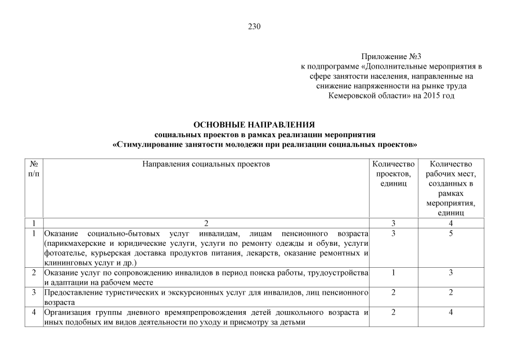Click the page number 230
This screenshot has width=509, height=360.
coord(254,26)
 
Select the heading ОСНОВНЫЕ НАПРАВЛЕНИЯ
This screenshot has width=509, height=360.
coord(254,124)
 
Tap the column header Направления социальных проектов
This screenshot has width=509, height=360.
coord(206,164)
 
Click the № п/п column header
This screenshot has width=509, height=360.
coord(34,169)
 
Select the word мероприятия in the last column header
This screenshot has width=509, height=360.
coord(451,203)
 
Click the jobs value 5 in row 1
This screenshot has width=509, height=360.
coord(451,233)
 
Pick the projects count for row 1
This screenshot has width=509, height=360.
coord(394,233)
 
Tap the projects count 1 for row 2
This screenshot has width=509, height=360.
coord(394,273)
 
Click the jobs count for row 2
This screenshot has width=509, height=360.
coord(451,273)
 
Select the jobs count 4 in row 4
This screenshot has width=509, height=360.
coord(451,312)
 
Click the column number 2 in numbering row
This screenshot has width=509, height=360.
coord(206,223)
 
